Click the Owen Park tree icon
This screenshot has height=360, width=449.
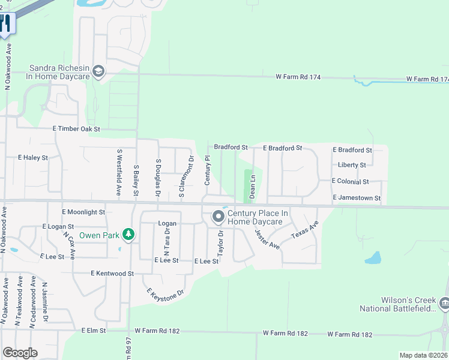[127, 234]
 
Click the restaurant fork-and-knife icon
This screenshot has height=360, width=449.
[5, 23]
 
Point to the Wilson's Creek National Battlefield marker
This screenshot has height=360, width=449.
[444, 303]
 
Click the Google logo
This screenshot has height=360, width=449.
[20, 353]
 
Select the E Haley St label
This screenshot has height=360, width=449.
[32, 157]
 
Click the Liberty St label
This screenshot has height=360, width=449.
[352, 165]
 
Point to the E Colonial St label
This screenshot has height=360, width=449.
[358, 181]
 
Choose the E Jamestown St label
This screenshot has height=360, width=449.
[357, 198]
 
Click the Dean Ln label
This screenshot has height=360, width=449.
[253, 187]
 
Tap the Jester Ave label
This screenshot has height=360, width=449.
[267, 238]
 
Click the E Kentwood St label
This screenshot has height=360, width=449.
[112, 273]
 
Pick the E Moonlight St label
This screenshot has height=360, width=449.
[83, 212]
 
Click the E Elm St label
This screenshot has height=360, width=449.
[94, 331]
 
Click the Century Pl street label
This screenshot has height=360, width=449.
[208, 170]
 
